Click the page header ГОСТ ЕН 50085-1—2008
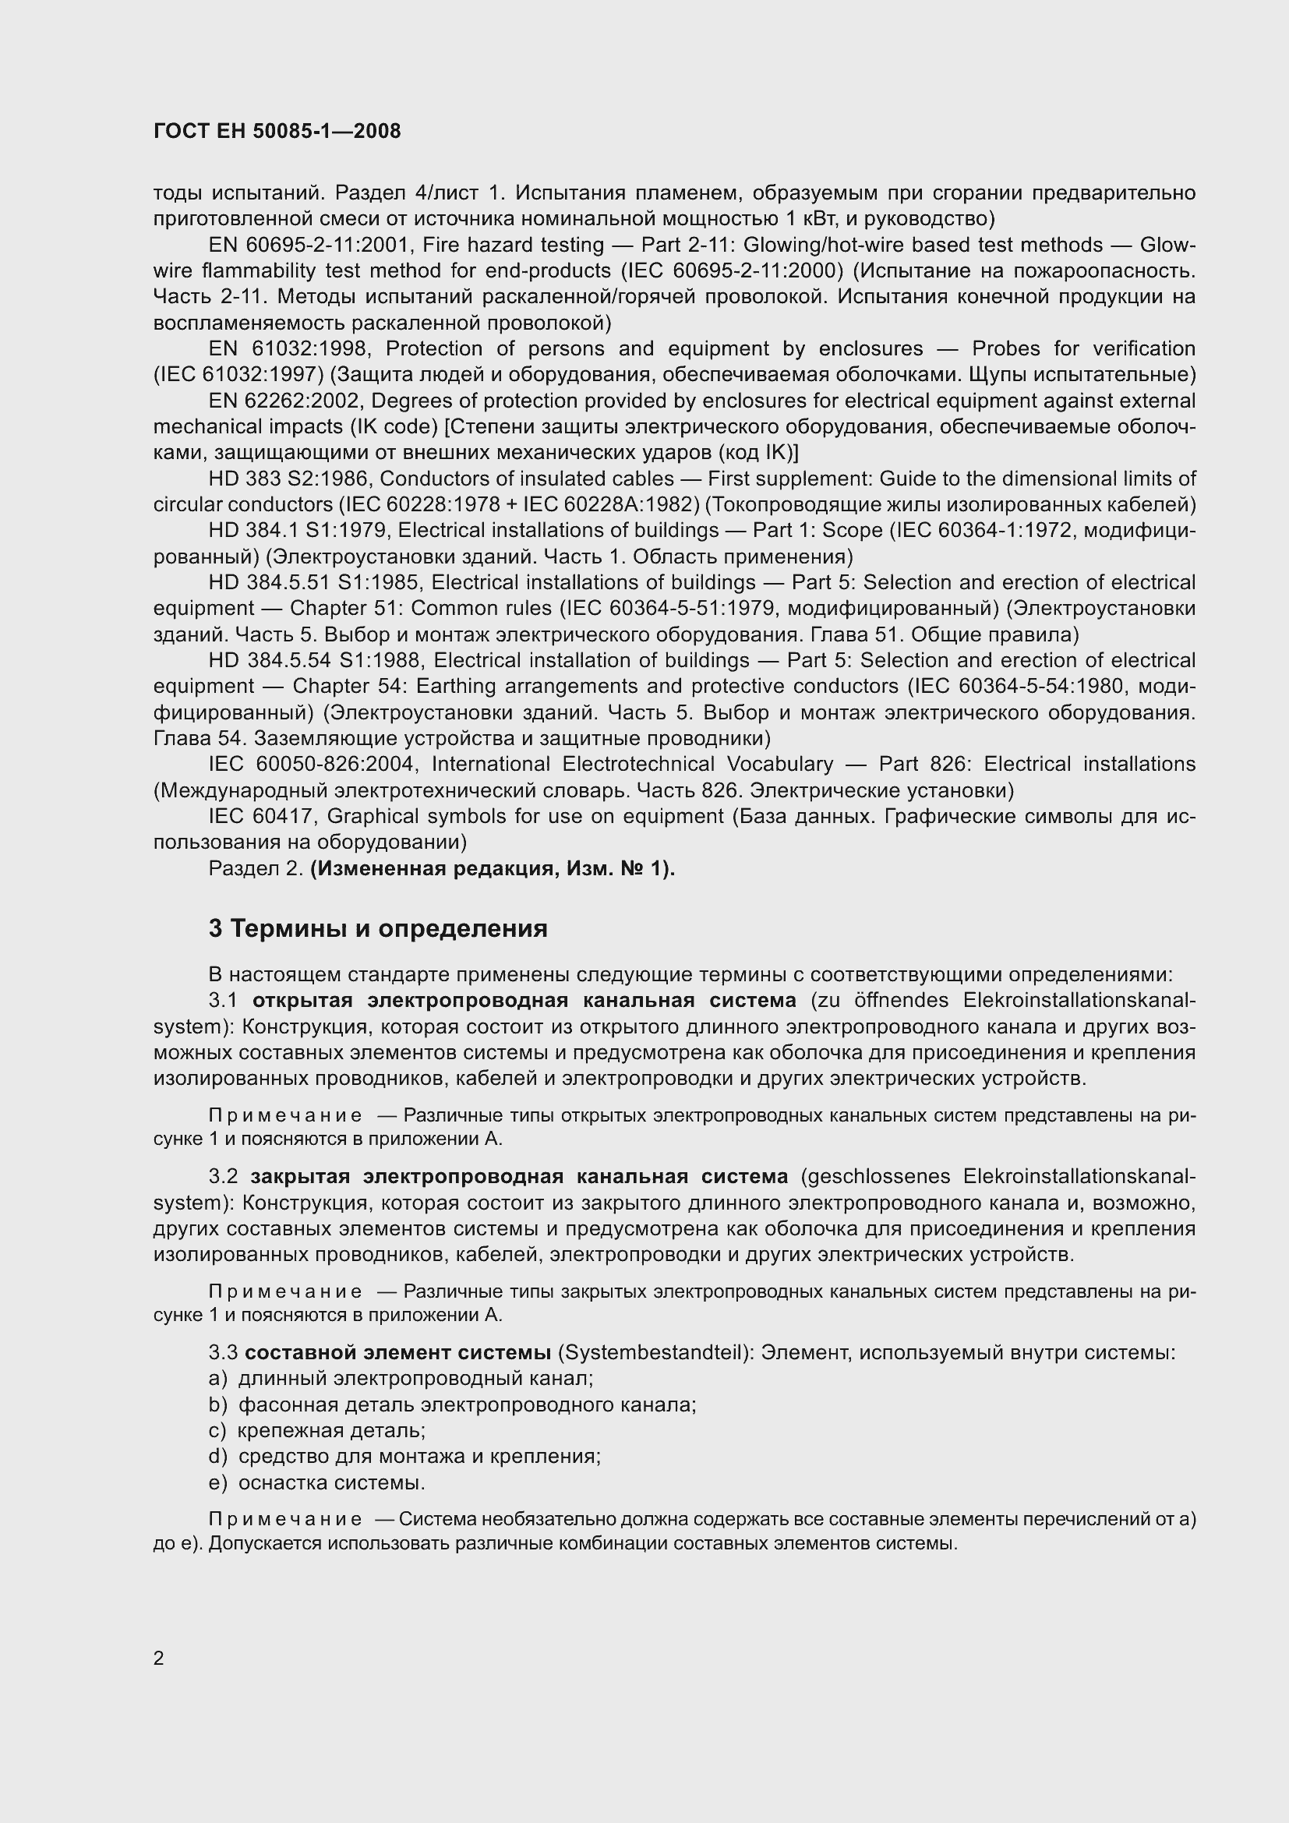[277, 132]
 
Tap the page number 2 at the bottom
[159, 1658]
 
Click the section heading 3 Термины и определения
[378, 928]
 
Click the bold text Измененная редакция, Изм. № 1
[491, 868]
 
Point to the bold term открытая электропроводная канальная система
[524, 1001]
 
